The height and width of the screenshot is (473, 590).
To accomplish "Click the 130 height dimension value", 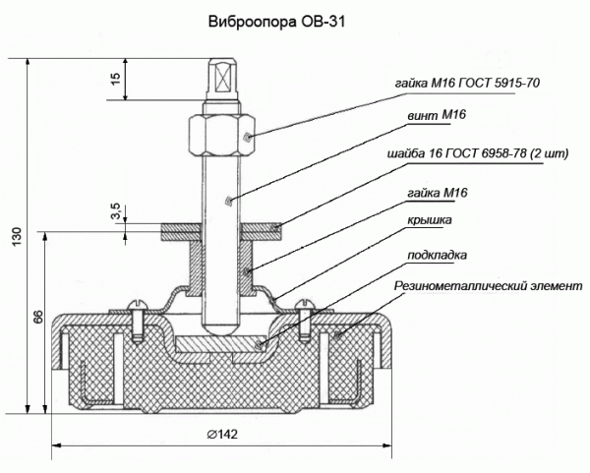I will coord(16,237).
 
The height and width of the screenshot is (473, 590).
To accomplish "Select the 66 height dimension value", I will coord(37,317).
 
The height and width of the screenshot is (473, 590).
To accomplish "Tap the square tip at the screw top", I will coord(222,75).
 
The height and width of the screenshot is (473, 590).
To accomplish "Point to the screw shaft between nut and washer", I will coord(222,192).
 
